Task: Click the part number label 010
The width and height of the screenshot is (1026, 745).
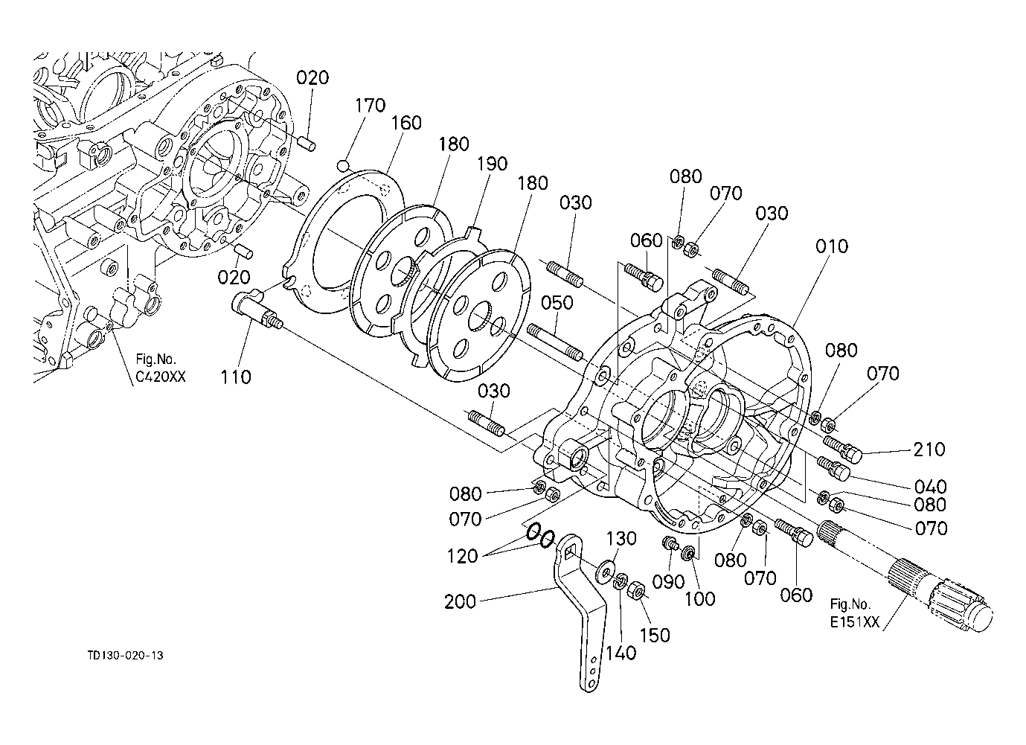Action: coord(832,246)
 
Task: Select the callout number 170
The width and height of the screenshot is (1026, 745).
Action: coord(370,106)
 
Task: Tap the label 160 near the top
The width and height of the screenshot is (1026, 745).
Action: coord(405,123)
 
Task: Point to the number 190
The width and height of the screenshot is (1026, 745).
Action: coord(493,164)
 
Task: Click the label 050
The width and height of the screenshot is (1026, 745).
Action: coord(557,303)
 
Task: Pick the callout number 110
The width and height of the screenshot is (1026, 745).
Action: coord(235,377)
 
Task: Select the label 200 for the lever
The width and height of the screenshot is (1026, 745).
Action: coord(461,601)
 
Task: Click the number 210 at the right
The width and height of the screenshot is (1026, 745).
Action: coord(929,450)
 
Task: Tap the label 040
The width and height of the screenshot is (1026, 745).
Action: coord(931,486)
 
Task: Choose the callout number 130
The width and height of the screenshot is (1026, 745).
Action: coord(621,538)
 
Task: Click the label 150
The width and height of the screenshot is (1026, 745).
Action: coord(655,635)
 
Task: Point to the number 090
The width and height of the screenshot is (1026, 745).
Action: coord(668,582)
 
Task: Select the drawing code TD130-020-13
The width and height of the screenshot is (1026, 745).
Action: coord(125,656)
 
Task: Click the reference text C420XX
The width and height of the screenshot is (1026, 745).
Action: coord(160,377)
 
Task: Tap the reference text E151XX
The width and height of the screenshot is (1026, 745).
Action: coord(855,622)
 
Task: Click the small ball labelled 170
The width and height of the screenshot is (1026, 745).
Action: coord(343,165)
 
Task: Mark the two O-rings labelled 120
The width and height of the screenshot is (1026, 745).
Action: coord(540,536)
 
